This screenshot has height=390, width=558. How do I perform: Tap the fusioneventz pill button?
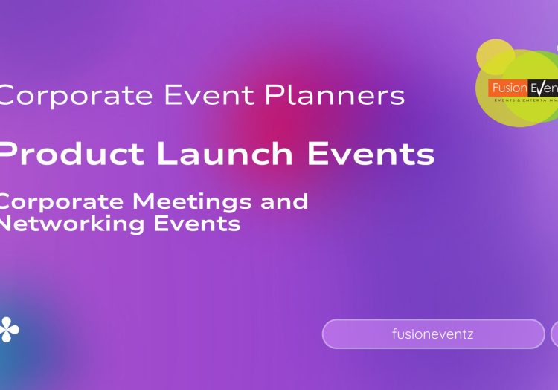[x=433, y=334]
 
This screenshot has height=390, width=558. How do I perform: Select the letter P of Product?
[x=11, y=154]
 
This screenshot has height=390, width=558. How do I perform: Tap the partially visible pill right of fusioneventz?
[x=554, y=334]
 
